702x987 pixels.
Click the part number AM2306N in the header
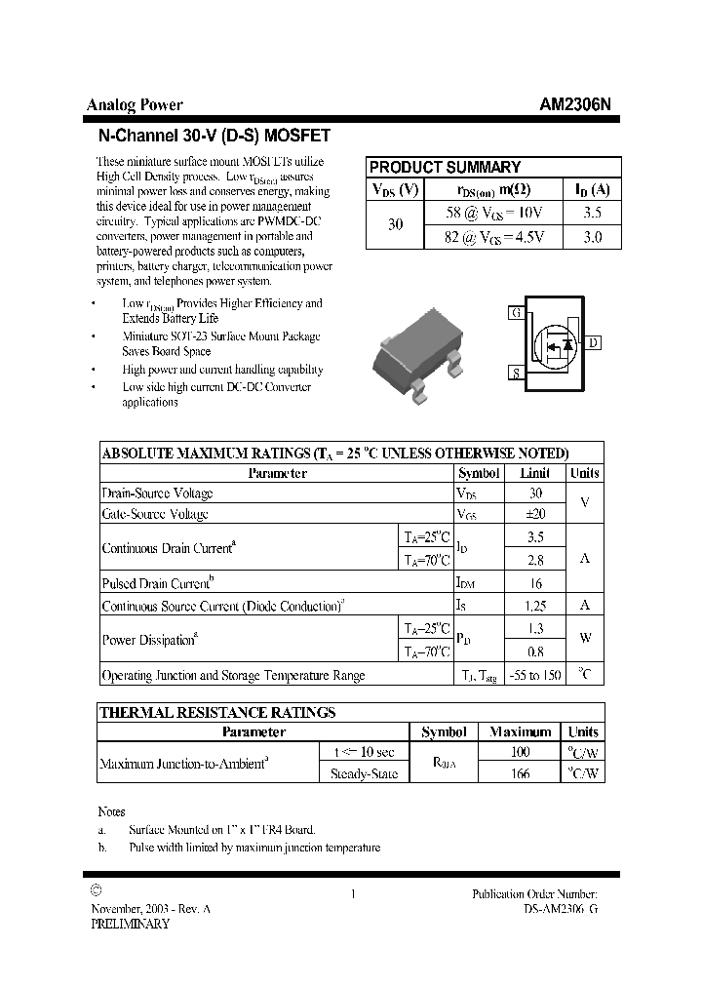tap(576, 105)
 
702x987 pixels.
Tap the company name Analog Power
tap(135, 105)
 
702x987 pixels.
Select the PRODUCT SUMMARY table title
tap(445, 167)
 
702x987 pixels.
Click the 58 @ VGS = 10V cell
tap(487, 212)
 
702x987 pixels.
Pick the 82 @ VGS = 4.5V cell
tap(487, 236)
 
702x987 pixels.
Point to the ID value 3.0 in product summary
tap(592, 236)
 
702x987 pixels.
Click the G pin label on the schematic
tap(516, 313)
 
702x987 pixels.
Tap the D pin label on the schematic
tap(594, 342)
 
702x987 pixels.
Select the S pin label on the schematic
tap(515, 374)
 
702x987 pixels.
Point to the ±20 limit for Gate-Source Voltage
tap(535, 514)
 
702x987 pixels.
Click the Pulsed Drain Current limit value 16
tap(535, 583)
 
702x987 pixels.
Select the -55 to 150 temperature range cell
tap(535, 675)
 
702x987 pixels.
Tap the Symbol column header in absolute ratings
tap(478, 473)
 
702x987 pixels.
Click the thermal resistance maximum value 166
tap(520, 773)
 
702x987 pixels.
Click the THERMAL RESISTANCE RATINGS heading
tap(217, 713)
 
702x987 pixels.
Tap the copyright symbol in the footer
tap(96, 890)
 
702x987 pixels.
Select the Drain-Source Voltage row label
tap(158, 493)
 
